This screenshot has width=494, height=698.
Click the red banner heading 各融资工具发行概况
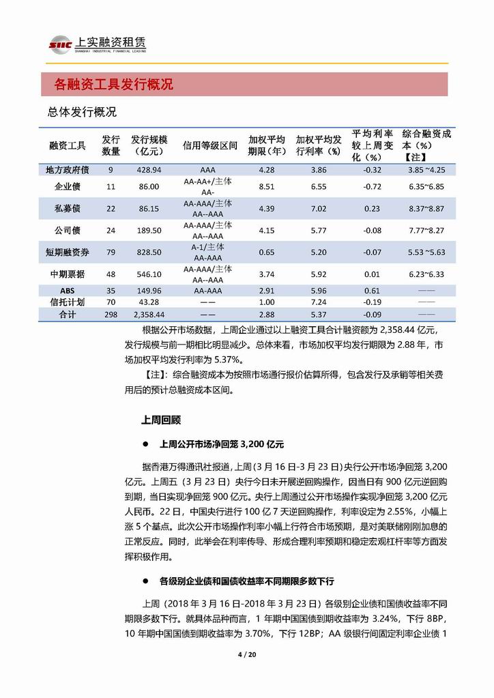(x=114, y=85)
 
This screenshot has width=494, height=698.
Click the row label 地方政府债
(x=68, y=169)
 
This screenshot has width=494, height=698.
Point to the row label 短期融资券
(x=68, y=252)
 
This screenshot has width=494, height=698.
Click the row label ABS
(x=68, y=291)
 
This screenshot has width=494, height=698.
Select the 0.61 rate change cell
(x=372, y=291)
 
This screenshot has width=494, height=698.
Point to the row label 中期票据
(x=68, y=274)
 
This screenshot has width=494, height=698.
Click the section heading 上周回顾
(x=161, y=420)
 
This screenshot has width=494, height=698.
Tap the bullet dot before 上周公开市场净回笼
(x=146, y=443)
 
